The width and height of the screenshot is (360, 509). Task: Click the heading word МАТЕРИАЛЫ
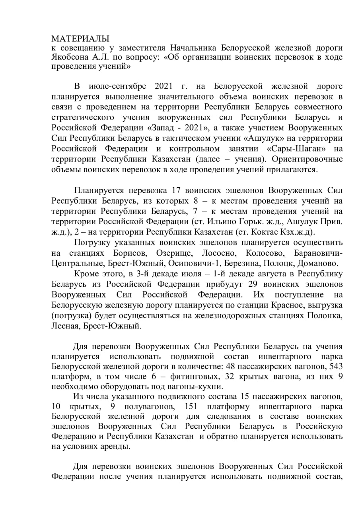(x=80, y=39)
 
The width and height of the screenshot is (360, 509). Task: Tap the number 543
(x=335, y=366)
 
